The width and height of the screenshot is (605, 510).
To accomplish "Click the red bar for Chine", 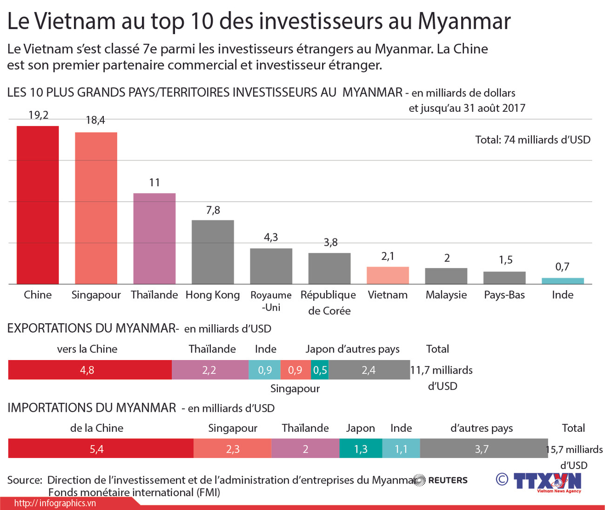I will pyautogui.click(x=38, y=205).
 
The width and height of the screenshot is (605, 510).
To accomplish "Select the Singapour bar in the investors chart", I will pyautogui.click(x=96, y=208).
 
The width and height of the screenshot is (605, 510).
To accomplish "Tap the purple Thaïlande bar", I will pyautogui.click(x=155, y=238).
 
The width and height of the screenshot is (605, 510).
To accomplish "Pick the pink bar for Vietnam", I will pyautogui.click(x=388, y=275).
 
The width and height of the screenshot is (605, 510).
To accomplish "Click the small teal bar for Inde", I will pyautogui.click(x=563, y=281).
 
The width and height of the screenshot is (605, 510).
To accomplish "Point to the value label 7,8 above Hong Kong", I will pyautogui.click(x=213, y=210).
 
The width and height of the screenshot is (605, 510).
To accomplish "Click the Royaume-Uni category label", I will pyautogui.click(x=271, y=301).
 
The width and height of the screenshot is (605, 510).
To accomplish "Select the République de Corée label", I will pyautogui.click(x=329, y=302).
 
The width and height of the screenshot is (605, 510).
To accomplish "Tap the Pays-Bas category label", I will pyautogui.click(x=504, y=295).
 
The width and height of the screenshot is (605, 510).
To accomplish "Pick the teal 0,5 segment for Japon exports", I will pyautogui.click(x=320, y=370).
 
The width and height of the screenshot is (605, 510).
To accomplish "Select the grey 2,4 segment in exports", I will pyautogui.click(x=369, y=370).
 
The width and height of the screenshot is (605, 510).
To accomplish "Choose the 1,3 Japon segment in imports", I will pyautogui.click(x=361, y=449).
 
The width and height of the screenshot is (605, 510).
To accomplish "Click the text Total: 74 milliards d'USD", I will pyautogui.click(x=532, y=140).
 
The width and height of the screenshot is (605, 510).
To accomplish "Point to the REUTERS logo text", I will pyautogui.click(x=447, y=480).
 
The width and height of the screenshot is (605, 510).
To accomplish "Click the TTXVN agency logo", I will pyautogui.click(x=547, y=482).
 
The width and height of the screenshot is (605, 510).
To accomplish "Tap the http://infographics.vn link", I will pyautogui.click(x=55, y=503).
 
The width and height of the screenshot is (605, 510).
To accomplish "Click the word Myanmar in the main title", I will pyautogui.click(x=464, y=21).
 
